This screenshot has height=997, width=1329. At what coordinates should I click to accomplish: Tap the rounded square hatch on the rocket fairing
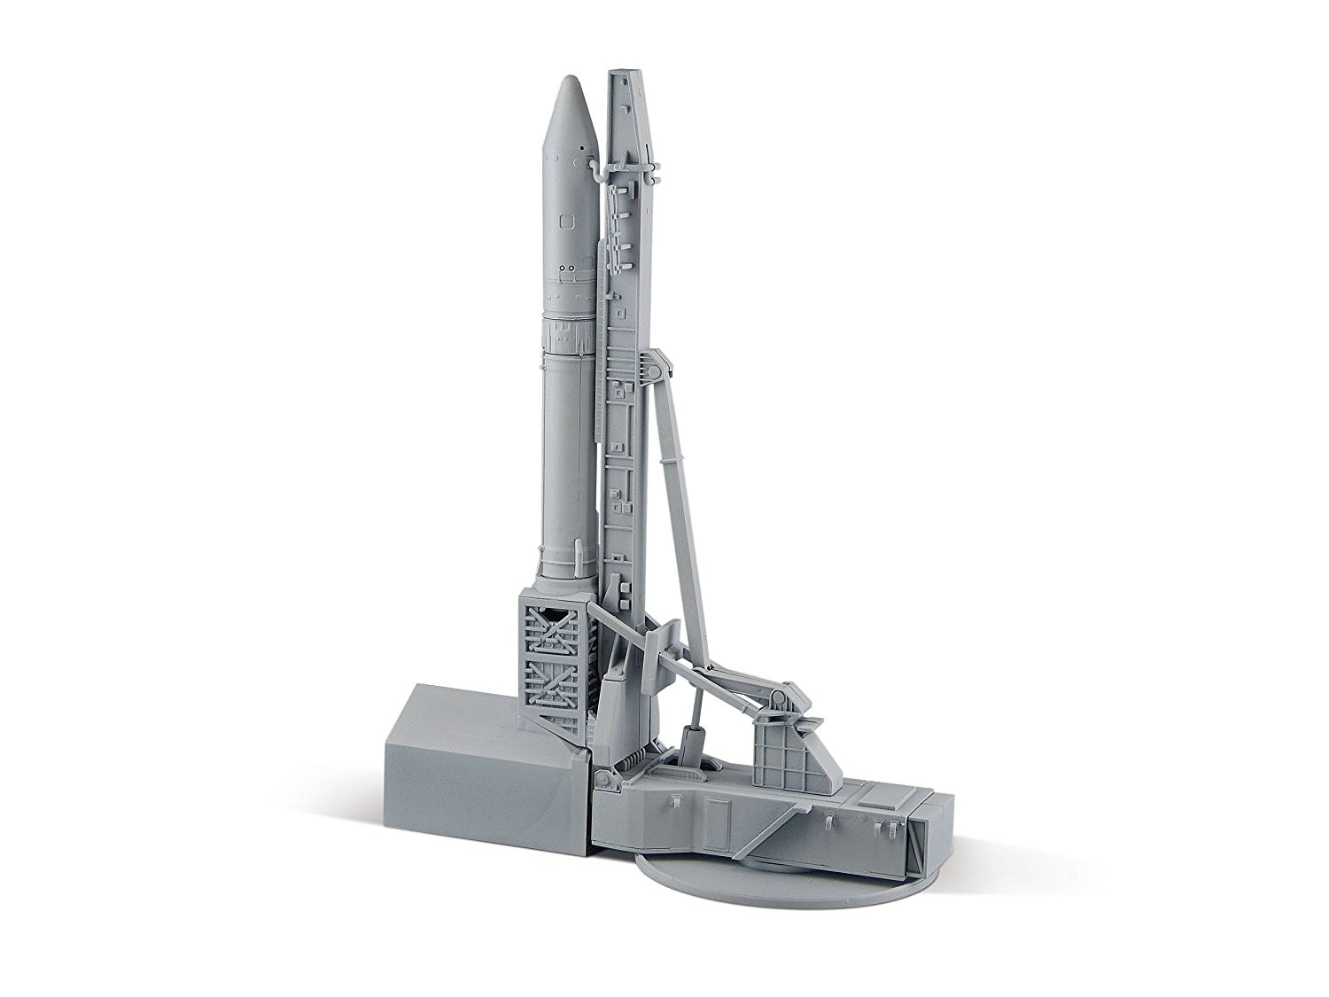pyautogui.click(x=566, y=220)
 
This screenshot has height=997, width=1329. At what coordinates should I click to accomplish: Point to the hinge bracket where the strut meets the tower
pyautogui.click(x=657, y=362)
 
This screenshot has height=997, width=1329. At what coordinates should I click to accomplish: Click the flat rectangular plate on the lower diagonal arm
pyautogui.click(x=659, y=637)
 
